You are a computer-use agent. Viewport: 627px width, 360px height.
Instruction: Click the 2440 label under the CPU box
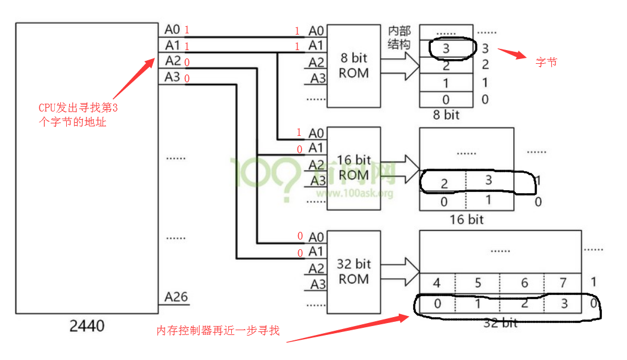pos(87,326)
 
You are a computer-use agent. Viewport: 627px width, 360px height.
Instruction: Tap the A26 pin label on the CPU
pos(176,297)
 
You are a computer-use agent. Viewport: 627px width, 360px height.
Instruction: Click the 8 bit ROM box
pos(353,66)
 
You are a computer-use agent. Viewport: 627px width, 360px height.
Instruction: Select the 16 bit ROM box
pos(353,167)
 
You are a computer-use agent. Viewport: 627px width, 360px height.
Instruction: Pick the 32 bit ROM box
pos(353,271)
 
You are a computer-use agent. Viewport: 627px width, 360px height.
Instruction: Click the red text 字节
pos(546,61)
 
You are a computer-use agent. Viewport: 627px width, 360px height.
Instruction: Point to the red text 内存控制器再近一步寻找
pos(218,330)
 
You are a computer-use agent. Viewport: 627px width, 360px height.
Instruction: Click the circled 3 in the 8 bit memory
pos(446,49)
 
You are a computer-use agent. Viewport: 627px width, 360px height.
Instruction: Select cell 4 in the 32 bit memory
pos(437,283)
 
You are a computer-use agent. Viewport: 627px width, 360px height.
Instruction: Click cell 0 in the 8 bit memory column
pos(446,100)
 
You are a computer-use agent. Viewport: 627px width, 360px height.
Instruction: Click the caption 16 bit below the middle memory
pos(467,219)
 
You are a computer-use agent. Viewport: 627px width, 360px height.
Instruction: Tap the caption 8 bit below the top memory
pos(446,115)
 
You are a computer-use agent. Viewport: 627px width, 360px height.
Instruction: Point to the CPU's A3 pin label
pos(172,77)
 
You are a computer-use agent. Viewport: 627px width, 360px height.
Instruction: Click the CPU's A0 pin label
pos(172,29)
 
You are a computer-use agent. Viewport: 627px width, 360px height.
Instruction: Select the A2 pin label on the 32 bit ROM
pos(317,269)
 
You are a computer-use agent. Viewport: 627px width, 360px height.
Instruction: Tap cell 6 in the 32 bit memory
pos(524,283)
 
